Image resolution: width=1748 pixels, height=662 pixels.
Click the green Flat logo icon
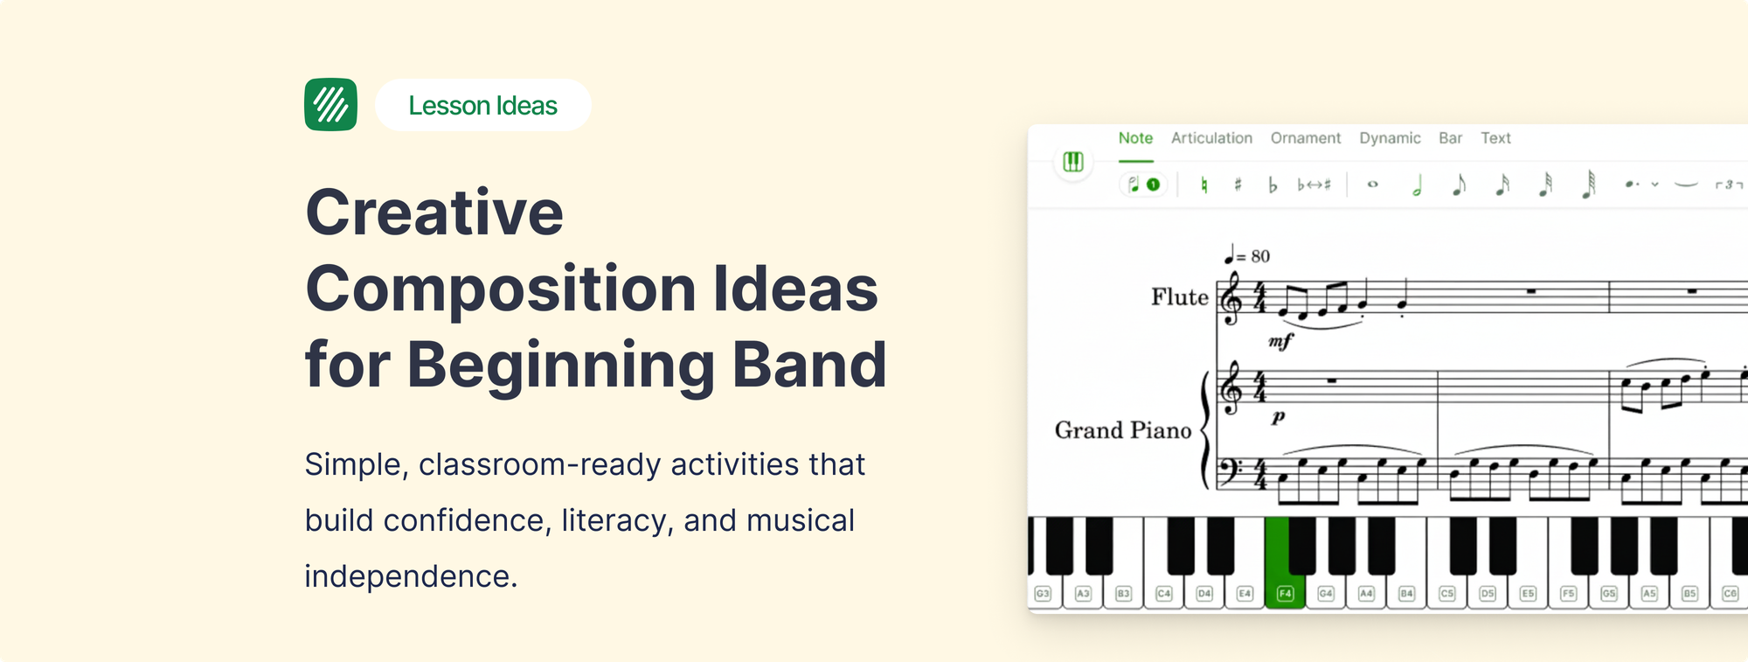pyautogui.click(x=330, y=105)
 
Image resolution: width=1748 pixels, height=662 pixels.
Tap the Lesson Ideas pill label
pyautogui.click(x=482, y=106)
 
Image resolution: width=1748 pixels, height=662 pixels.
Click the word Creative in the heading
pyautogui.click(x=434, y=213)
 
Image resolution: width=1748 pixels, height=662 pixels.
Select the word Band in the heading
pyautogui.click(x=808, y=365)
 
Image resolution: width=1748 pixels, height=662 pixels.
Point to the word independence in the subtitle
pyautogui.click(x=410, y=576)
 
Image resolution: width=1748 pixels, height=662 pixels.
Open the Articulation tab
pyautogui.click(x=1211, y=138)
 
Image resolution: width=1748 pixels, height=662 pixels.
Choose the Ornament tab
pyautogui.click(x=1305, y=138)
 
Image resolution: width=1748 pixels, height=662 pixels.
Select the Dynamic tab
pyautogui.click(x=1390, y=138)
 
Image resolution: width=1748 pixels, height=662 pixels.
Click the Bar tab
pyautogui.click(x=1450, y=138)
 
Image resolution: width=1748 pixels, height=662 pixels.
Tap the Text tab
pyautogui.click(x=1495, y=138)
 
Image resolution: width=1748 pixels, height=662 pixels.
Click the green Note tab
pyautogui.click(x=1135, y=138)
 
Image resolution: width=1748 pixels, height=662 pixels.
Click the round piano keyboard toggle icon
pyautogui.click(x=1073, y=162)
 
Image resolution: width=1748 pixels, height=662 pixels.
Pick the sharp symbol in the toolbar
pyautogui.click(x=1238, y=185)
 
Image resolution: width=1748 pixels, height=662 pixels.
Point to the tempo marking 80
pyautogui.click(x=1259, y=256)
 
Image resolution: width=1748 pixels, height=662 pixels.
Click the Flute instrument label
pyautogui.click(x=1179, y=297)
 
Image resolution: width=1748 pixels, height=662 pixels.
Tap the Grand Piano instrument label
pyautogui.click(x=1122, y=430)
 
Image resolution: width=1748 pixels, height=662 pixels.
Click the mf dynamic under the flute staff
pyautogui.click(x=1280, y=342)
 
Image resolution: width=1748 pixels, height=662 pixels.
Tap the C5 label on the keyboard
pyautogui.click(x=1446, y=593)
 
